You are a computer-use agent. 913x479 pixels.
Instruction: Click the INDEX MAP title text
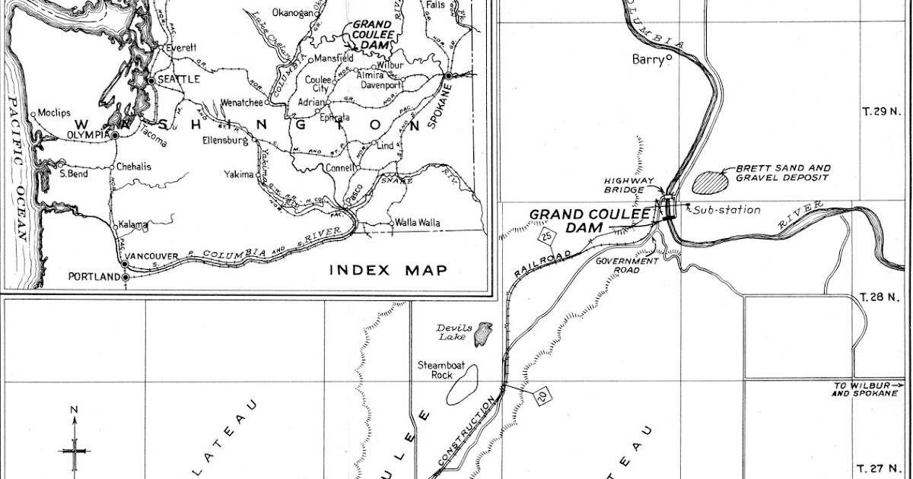pyautogui.click(x=388, y=270)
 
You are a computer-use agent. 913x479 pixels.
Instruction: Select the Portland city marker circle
pyautogui.click(x=126, y=277)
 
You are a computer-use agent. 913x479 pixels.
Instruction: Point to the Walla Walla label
pyautogui.click(x=416, y=224)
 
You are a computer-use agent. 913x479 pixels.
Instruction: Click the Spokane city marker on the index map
pyautogui.click(x=449, y=76)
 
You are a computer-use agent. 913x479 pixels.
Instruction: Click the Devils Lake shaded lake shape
pyautogui.click(x=483, y=334)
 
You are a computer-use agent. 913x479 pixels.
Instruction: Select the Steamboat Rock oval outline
pyautogui.click(x=461, y=385)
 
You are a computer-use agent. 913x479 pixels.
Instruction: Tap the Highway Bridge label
pyautogui.click(x=625, y=185)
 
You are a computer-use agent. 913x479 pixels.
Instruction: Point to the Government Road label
pyautogui.click(x=627, y=265)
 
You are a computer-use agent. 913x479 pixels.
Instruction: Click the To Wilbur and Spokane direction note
pyautogui.click(x=867, y=389)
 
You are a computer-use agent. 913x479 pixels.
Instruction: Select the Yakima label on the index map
pyautogui.click(x=238, y=174)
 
